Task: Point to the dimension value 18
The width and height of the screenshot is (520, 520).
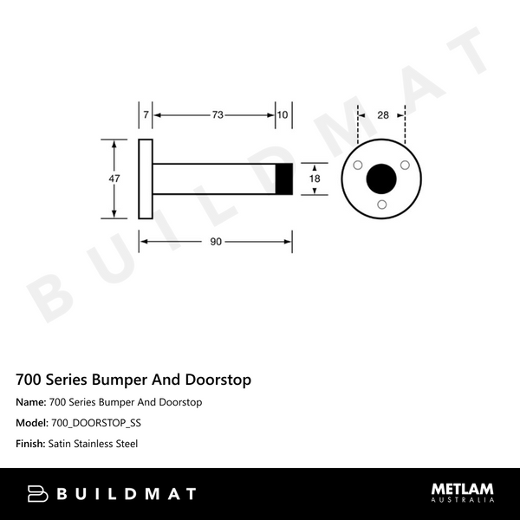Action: (315, 178)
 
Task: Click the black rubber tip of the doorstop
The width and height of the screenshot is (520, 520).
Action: (283, 178)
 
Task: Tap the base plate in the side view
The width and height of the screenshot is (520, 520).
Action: (146, 178)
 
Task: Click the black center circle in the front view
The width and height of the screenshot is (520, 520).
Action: (380, 178)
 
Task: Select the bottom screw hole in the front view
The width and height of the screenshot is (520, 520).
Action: (381, 204)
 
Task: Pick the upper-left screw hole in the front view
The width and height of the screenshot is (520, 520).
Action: (358, 165)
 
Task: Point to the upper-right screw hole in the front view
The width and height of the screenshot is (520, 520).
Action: (404, 165)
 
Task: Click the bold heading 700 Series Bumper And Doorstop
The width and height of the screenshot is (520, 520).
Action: (134, 380)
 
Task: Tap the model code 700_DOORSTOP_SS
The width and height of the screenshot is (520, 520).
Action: (96, 423)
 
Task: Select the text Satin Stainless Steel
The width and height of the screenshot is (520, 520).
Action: (94, 444)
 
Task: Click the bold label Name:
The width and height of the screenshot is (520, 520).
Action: (31, 402)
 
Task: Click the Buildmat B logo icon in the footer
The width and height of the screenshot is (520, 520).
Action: (36, 494)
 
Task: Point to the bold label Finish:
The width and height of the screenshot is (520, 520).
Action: (32, 444)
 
